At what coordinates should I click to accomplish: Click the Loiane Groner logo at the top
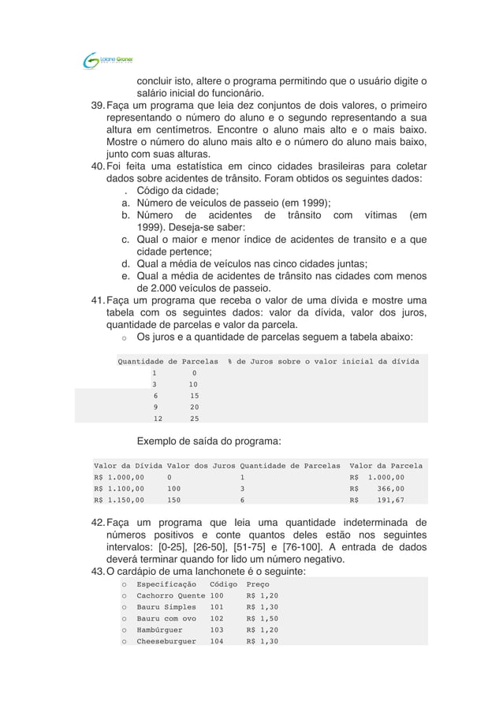coord(109,60)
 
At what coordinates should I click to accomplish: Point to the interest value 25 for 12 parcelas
coord(194,419)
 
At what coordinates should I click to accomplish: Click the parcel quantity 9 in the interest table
coord(155,408)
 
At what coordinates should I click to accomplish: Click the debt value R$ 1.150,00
coord(119,499)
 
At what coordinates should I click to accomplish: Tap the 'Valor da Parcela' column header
coord(386,466)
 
